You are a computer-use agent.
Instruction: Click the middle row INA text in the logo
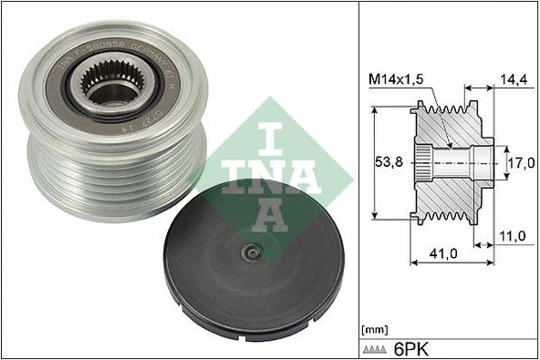(273, 171)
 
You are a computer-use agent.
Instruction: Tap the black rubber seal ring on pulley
(146, 100)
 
